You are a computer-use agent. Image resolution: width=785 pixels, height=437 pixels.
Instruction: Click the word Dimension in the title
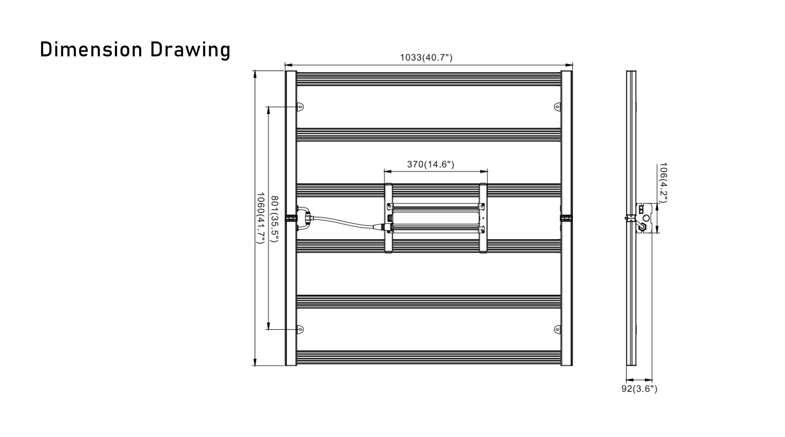tap(91, 50)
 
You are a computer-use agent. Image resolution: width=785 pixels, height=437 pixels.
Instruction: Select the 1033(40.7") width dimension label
tap(426, 58)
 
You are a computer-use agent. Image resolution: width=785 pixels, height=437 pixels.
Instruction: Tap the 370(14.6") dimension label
tap(431, 164)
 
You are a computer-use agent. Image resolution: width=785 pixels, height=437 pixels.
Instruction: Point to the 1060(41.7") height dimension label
tap(260, 218)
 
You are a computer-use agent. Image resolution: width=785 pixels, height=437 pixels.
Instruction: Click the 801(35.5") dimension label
tap(275, 219)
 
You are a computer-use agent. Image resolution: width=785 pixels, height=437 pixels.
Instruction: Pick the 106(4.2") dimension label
tap(663, 183)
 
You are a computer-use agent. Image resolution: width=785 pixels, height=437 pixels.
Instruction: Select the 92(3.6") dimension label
tap(639, 389)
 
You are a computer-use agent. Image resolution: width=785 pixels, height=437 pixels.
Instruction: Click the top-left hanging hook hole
tap(300, 106)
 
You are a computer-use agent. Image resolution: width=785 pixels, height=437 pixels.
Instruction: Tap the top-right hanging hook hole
tap(557, 106)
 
